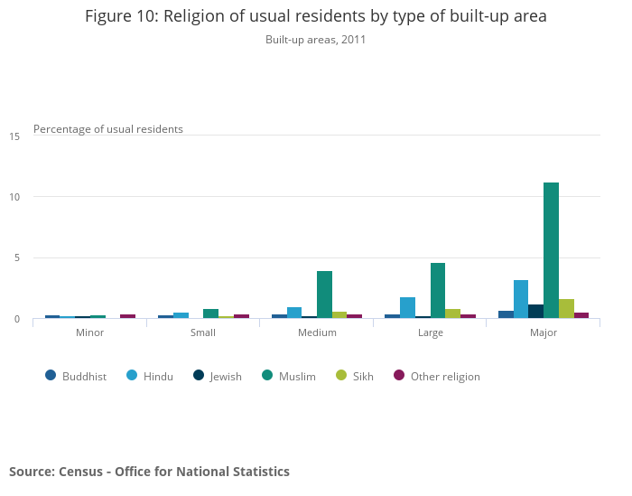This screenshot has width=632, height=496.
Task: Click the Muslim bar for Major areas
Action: [551, 250]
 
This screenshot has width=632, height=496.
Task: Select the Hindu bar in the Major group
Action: [521, 299]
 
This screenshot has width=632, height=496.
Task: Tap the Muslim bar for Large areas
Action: [438, 290]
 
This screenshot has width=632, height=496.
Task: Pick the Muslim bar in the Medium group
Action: [324, 295]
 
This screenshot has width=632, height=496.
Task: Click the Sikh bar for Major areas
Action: [566, 308]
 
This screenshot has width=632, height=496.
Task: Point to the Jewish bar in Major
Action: [535, 311]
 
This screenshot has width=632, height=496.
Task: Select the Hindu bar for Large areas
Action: [407, 307]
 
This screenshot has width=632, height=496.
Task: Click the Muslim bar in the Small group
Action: [210, 314]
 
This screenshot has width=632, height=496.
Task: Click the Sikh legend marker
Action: [340, 376]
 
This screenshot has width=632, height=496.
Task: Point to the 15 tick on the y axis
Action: [14, 136]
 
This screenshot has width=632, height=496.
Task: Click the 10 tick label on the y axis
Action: [14, 197]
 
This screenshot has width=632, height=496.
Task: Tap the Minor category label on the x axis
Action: [89, 332]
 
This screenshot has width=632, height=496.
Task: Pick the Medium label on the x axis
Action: [317, 332]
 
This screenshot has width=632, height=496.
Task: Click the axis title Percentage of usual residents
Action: [108, 129]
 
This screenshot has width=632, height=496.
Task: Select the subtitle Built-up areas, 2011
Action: [315, 40]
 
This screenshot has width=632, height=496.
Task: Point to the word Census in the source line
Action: [82, 472]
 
